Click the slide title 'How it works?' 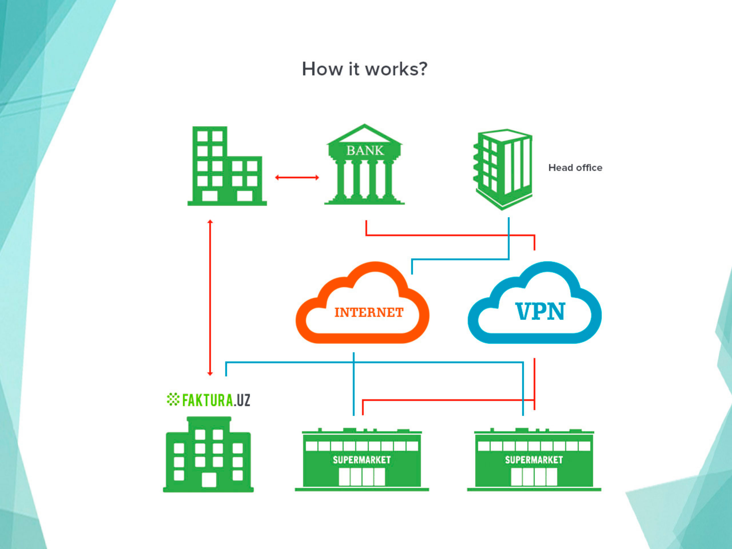tap(364, 69)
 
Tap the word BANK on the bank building tap(365, 151)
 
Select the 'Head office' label tap(575, 168)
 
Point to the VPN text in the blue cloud tap(540, 312)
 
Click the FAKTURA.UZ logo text tap(216, 400)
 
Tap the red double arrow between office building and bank tap(297, 178)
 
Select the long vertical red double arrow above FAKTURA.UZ tap(210, 298)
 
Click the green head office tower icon tap(503, 169)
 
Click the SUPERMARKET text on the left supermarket tap(362, 460)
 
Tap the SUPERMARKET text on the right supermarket tap(534, 460)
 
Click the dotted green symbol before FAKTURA tap(173, 399)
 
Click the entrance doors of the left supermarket tap(362, 477)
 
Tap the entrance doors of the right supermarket tap(534, 477)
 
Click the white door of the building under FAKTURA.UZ tap(209, 480)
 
